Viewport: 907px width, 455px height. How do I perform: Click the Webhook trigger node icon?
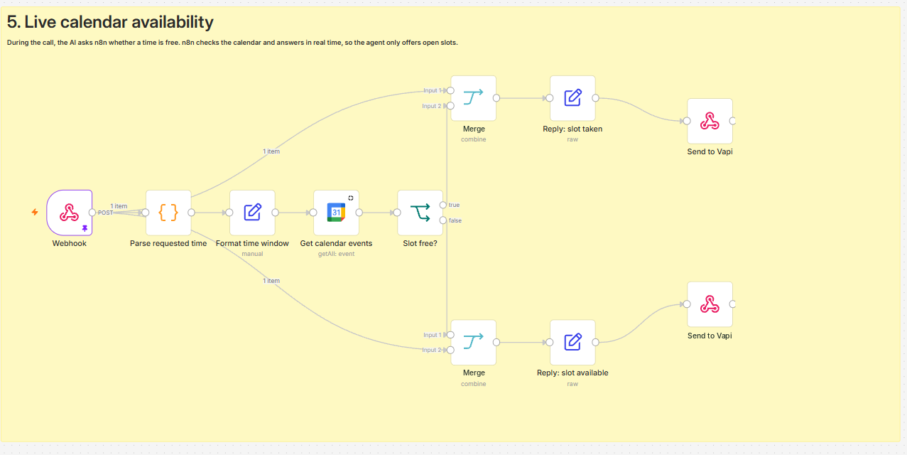(x=69, y=213)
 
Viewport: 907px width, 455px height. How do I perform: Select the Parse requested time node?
(x=168, y=213)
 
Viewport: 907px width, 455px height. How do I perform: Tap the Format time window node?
(x=252, y=213)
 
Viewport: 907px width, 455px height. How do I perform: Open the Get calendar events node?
(x=336, y=213)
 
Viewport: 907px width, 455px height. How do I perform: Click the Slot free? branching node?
(x=420, y=213)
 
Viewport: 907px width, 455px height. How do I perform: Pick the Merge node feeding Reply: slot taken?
(x=473, y=98)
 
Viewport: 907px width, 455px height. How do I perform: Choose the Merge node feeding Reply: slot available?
(x=473, y=343)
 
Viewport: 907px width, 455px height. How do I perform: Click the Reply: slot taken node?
(x=572, y=98)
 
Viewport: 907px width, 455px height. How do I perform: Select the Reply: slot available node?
(x=572, y=343)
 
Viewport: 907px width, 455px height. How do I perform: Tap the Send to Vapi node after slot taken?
(x=710, y=121)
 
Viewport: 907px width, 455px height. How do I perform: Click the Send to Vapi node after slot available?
(x=710, y=304)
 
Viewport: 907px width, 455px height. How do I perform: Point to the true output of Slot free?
(x=443, y=205)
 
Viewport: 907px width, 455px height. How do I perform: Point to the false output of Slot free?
(x=443, y=220)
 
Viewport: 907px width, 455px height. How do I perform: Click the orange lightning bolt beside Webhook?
(x=35, y=212)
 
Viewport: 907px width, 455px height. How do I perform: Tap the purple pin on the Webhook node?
(x=85, y=228)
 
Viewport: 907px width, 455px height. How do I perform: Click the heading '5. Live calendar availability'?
(x=110, y=22)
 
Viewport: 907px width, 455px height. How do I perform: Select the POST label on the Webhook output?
(x=105, y=213)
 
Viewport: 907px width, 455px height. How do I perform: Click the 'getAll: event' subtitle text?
(x=336, y=254)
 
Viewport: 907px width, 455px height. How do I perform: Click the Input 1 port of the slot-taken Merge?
(x=450, y=90)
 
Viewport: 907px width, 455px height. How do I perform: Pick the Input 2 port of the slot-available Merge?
(x=450, y=350)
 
